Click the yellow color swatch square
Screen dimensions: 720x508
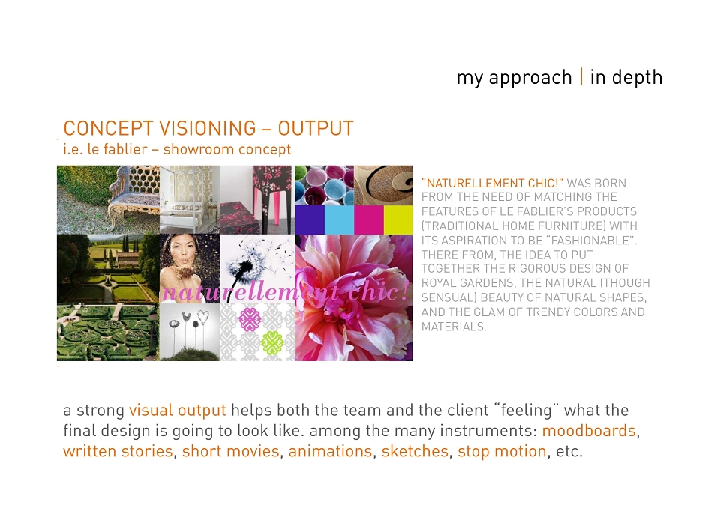[x=398, y=220]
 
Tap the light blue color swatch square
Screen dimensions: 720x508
[x=339, y=220]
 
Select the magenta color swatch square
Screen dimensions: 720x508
[x=369, y=220]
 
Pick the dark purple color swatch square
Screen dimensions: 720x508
[x=310, y=220]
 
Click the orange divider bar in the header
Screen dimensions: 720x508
[x=581, y=76]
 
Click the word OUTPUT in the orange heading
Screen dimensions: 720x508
[x=316, y=128]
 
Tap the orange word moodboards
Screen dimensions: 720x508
[x=589, y=431]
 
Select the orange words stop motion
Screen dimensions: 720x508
[x=502, y=452]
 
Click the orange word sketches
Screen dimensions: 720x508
[x=415, y=451]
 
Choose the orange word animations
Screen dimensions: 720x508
[x=330, y=451]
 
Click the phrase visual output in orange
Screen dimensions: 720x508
[x=177, y=411]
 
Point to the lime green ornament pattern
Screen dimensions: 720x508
[x=272, y=342]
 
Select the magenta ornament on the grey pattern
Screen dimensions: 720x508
[x=250, y=319]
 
